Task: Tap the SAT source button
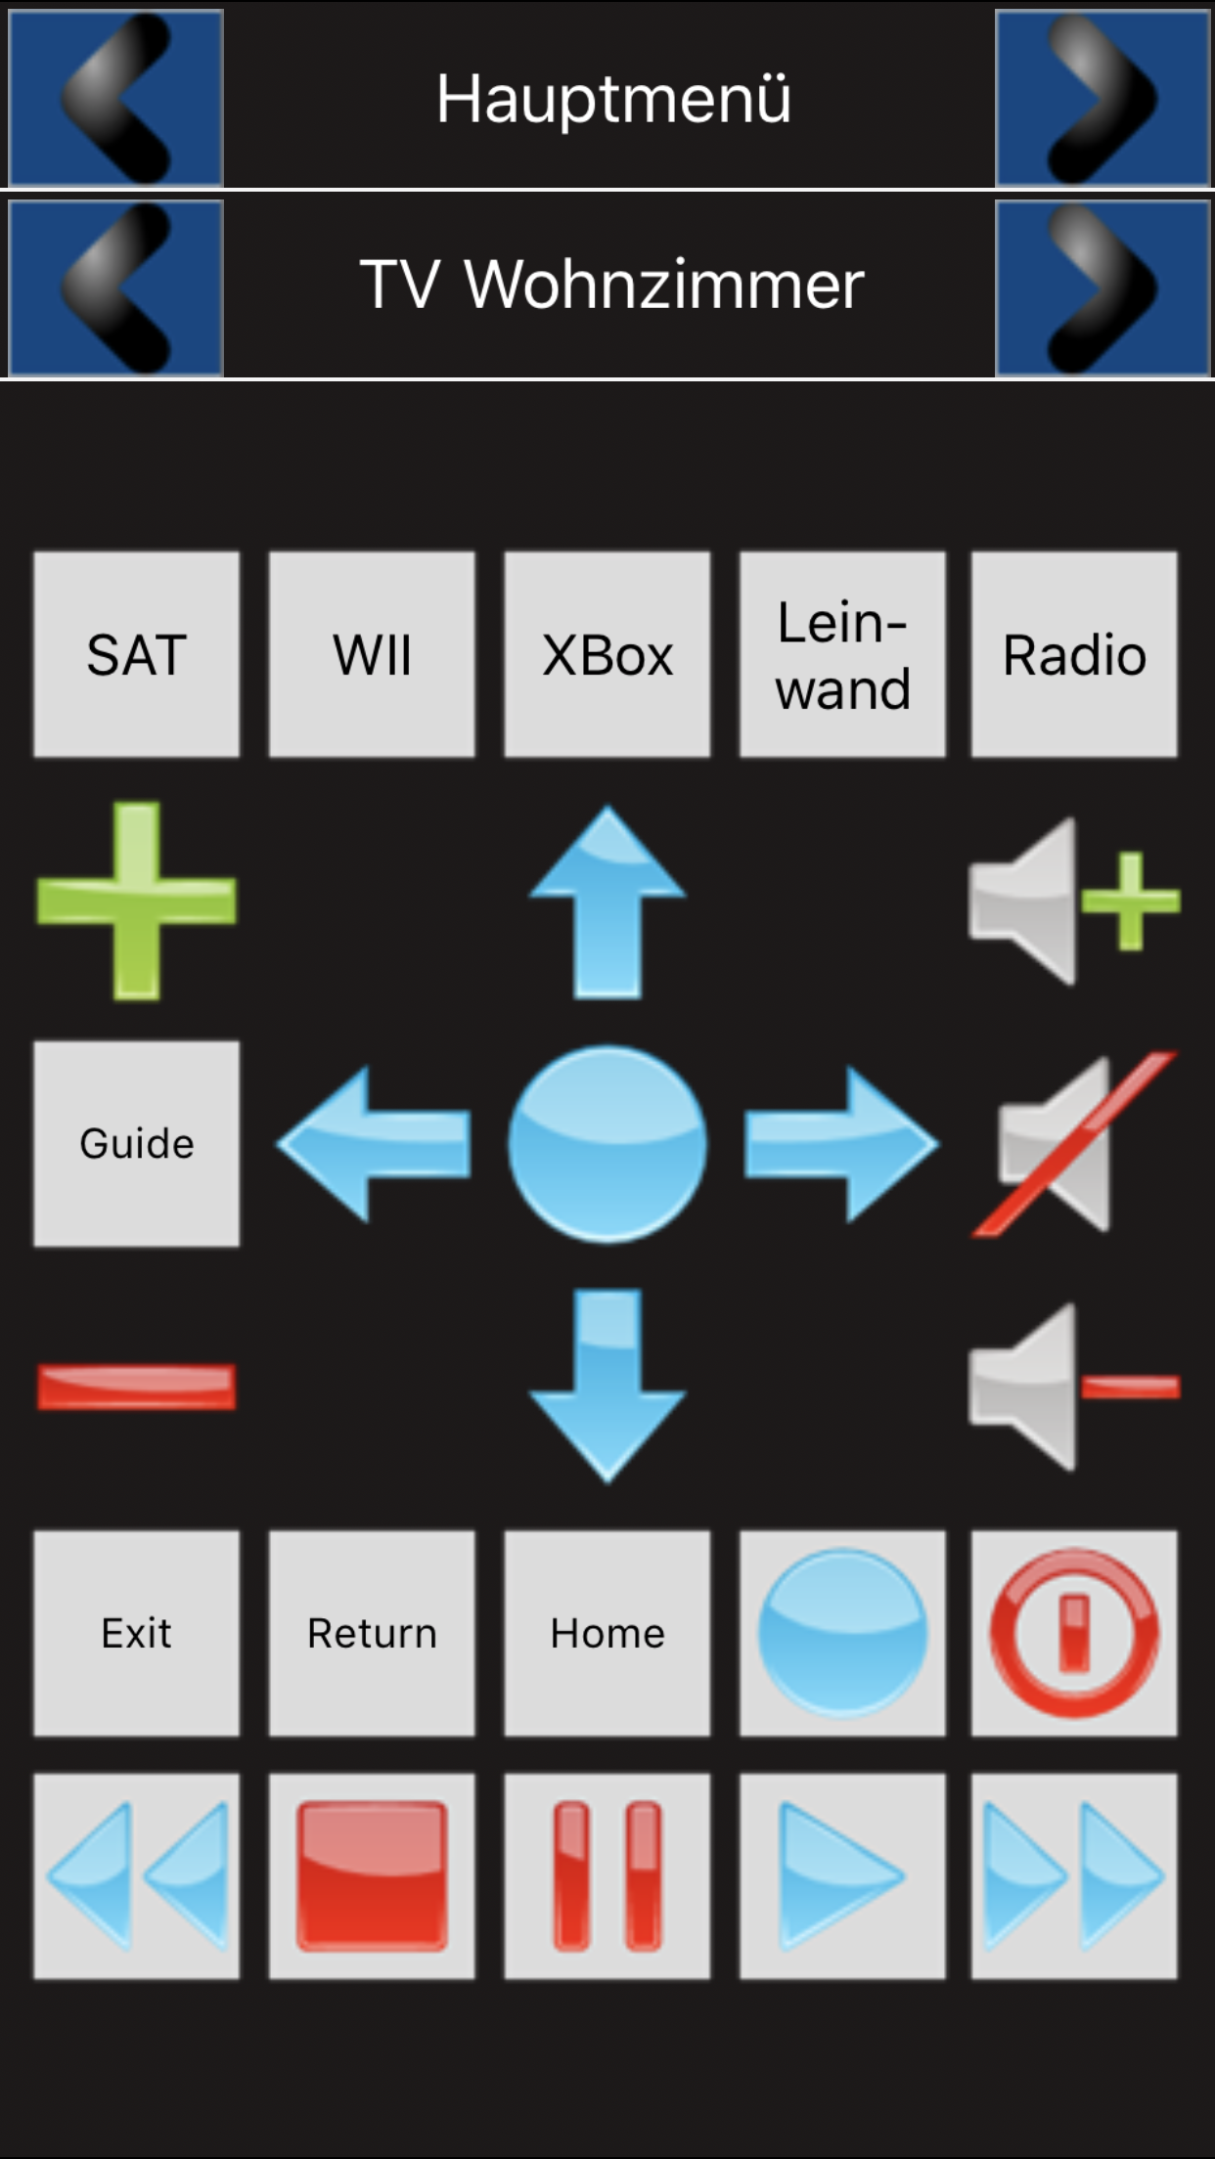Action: point(136,654)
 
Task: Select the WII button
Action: point(372,654)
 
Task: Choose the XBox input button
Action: point(607,654)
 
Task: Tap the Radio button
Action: point(1074,654)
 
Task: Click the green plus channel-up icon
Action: point(136,901)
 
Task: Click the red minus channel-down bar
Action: point(136,1388)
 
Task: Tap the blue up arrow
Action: point(607,901)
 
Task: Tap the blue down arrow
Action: point(607,1387)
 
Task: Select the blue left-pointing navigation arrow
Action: point(374,1144)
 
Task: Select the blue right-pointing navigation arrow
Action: point(841,1144)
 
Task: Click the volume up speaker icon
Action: point(1074,901)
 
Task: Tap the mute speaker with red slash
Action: point(1074,1144)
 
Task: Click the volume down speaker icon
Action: point(1074,1387)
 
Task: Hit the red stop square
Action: point(372,1876)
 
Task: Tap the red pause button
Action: point(607,1876)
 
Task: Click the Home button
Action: point(607,1633)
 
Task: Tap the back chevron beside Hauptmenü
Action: point(116,98)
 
